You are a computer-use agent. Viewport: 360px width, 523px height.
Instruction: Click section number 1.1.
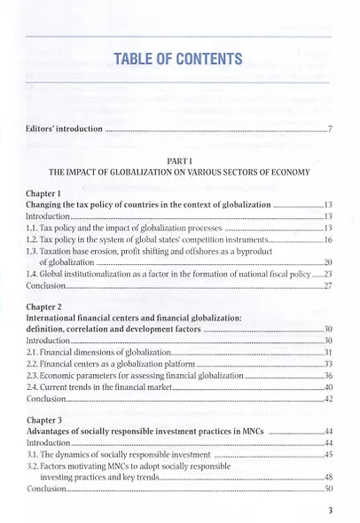pyautogui.click(x=35, y=228)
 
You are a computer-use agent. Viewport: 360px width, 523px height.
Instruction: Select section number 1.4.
pyautogui.click(x=35, y=275)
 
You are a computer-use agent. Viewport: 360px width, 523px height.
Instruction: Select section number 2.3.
pyautogui.click(x=35, y=376)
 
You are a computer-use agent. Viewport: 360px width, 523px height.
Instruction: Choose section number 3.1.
pyautogui.click(x=35, y=452)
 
